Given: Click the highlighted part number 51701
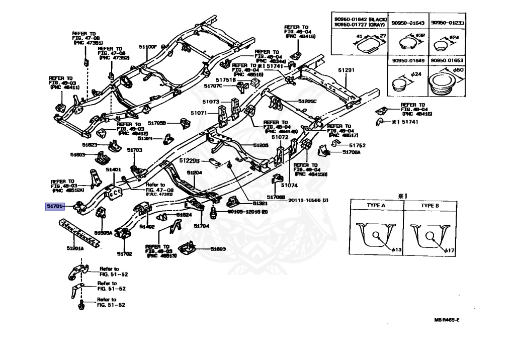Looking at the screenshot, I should [54, 206].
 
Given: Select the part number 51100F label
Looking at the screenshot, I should [148, 47].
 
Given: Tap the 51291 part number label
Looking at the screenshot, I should [346, 70].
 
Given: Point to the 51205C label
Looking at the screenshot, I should [307, 101].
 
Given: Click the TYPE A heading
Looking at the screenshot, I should [375, 206].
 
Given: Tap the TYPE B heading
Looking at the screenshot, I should [430, 206].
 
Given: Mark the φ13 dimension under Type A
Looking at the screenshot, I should [397, 250].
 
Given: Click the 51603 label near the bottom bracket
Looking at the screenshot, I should [218, 249].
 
